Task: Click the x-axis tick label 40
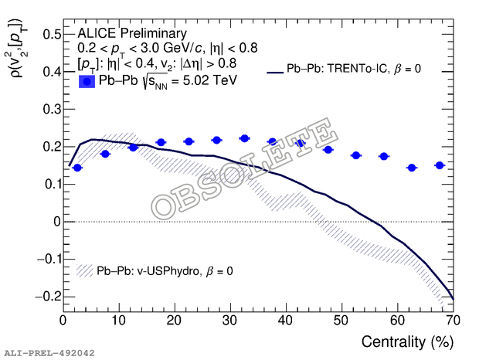tap(286, 319)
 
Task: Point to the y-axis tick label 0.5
tap(51, 35)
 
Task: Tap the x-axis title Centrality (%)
tap(406, 341)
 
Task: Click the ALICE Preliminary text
tap(132, 33)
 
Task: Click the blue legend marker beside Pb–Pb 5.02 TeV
tap(87, 80)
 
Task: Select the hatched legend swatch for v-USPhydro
tap(85, 271)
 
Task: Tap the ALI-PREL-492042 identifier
tap(49, 353)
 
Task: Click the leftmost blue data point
tap(77, 168)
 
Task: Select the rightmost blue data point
tap(440, 165)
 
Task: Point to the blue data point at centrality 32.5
tap(244, 138)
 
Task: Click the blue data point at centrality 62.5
tap(412, 168)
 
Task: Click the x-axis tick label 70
tap(453, 319)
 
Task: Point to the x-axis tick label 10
tap(118, 319)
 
